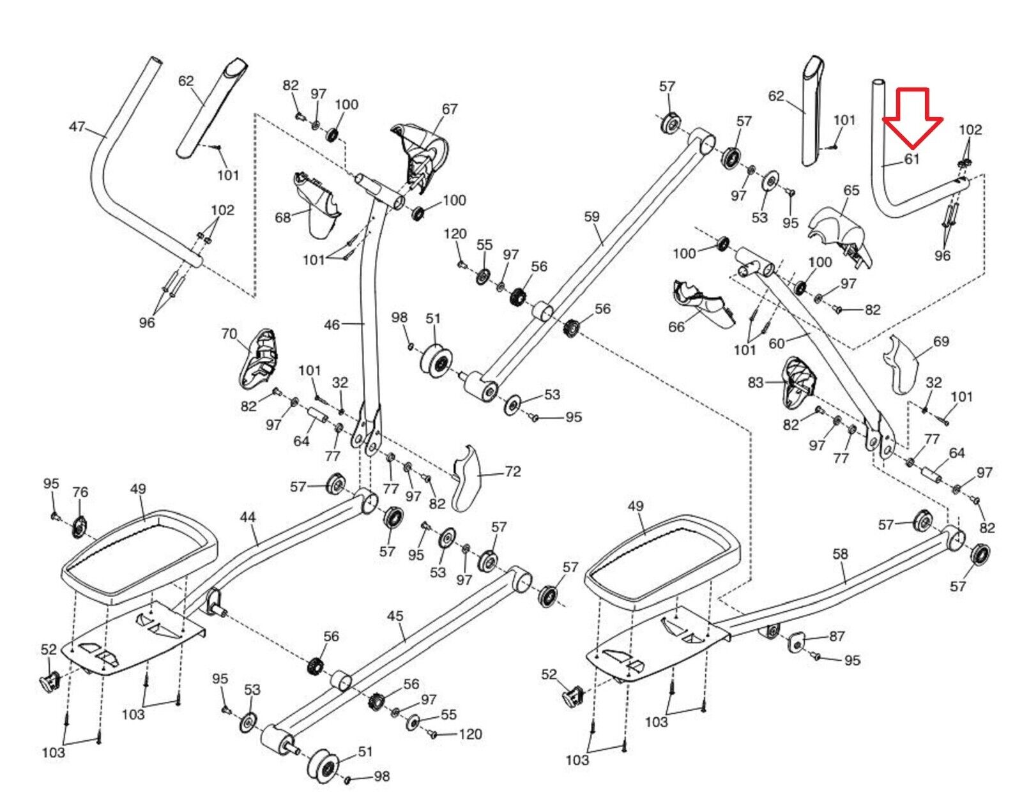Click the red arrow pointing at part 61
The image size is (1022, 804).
[x=913, y=118]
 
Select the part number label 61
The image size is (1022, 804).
[x=912, y=159]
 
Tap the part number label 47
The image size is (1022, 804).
[x=77, y=127]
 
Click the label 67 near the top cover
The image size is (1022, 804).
[x=449, y=109]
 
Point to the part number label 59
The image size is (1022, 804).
[x=591, y=216]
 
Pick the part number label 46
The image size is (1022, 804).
[x=332, y=325]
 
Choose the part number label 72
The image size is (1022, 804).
[x=512, y=471]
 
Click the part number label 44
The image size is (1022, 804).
[x=248, y=518]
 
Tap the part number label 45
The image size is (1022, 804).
[x=395, y=616]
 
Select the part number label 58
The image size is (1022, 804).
[x=840, y=554]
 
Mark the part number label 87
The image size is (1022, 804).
[x=837, y=636]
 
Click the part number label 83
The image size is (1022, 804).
[x=756, y=383]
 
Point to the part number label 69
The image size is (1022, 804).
[x=941, y=342]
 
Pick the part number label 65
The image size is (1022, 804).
[x=851, y=190]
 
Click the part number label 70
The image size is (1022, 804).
[x=229, y=334]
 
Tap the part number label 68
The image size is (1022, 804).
[x=283, y=218]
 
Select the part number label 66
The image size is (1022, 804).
[x=676, y=327]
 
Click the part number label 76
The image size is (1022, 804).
[x=80, y=492]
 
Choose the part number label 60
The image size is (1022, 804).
[x=777, y=344]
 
